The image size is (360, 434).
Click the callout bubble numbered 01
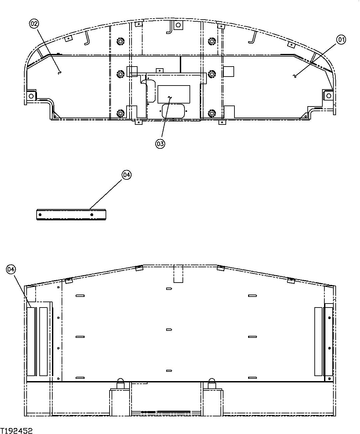(341, 40)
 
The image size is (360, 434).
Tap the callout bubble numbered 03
(160, 144)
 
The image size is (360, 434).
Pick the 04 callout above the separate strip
(127, 175)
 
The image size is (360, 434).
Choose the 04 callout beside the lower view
(11, 269)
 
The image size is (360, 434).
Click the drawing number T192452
(17, 431)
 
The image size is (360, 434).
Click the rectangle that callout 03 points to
(174, 94)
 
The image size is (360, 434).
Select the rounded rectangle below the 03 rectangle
(174, 110)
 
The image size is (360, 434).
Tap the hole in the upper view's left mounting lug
(31, 96)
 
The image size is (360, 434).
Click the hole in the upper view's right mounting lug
(328, 96)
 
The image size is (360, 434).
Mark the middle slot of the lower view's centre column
(169, 330)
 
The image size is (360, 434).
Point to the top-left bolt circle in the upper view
(120, 41)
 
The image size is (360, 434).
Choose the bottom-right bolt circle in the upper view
(211, 113)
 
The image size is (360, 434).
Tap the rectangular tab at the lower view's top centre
(178, 274)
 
